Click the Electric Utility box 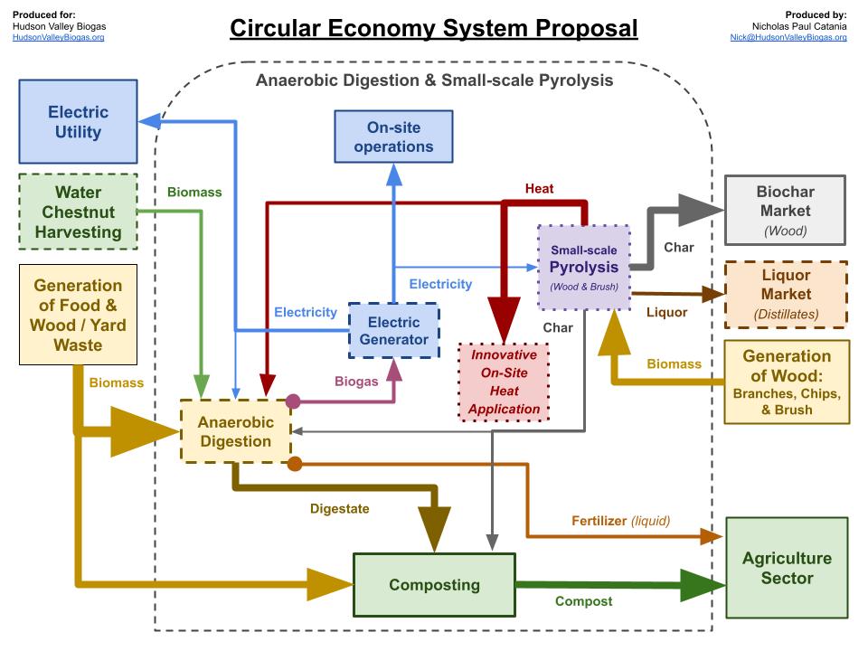click(x=78, y=122)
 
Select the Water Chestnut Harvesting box click(x=78, y=212)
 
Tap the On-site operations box click(x=393, y=137)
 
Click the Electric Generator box click(x=393, y=331)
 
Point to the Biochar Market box click(x=785, y=211)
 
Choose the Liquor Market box click(x=785, y=294)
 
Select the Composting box click(x=434, y=585)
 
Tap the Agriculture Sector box click(x=786, y=568)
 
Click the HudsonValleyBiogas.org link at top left click(x=59, y=37)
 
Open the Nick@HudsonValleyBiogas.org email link click(x=788, y=37)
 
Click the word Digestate click(x=339, y=508)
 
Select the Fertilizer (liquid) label click(x=620, y=521)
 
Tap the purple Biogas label click(x=356, y=382)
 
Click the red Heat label click(x=540, y=189)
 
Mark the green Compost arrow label click(x=583, y=601)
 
